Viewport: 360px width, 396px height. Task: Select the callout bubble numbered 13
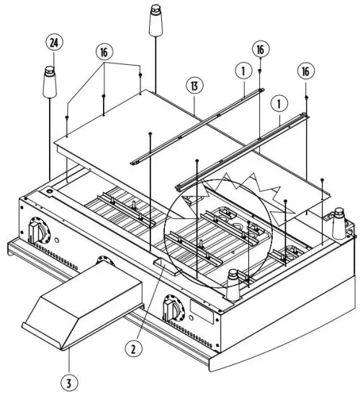pyautogui.click(x=194, y=84)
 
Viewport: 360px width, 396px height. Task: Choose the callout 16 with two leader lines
pyautogui.click(x=105, y=53)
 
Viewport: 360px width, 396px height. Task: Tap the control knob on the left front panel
pyautogui.click(x=37, y=233)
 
